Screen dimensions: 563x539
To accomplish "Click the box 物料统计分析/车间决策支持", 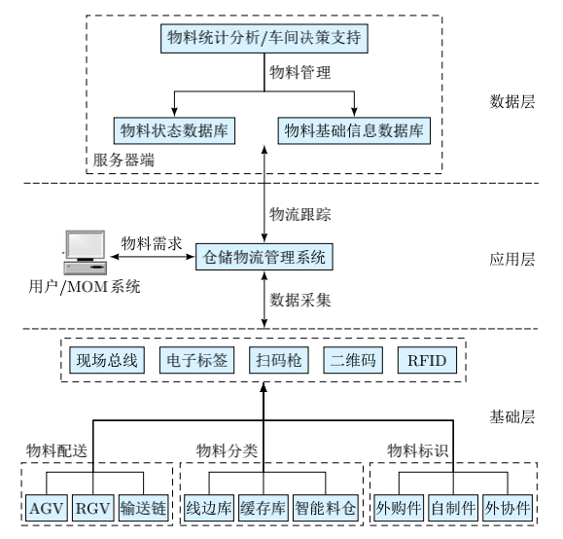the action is (264, 39).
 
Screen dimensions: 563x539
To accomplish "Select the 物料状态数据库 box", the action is (174, 130).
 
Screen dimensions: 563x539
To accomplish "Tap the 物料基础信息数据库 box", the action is (354, 130).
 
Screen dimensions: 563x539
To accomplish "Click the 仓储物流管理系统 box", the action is (264, 257).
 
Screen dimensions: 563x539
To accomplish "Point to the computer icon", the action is (86, 253).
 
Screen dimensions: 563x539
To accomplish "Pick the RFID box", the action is (427, 360).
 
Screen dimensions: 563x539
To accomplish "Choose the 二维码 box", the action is (353, 360).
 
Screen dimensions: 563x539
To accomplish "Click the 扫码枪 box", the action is (279, 360).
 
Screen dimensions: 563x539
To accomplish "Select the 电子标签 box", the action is (196, 360).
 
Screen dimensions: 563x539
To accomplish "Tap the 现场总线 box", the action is (107, 360).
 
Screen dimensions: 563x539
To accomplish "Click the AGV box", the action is (47, 508).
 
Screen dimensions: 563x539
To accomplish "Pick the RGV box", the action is (93, 508).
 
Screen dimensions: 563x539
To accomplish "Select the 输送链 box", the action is (143, 508).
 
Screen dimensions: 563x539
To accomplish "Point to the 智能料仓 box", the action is (326, 508).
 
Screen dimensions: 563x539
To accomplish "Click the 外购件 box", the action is (399, 508).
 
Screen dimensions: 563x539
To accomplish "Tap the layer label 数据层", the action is (512, 102).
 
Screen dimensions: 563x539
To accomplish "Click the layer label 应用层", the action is (512, 259).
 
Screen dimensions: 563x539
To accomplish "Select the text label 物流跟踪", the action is (300, 214).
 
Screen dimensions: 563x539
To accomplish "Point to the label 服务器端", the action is (123, 160).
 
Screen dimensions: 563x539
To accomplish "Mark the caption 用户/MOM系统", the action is (85, 287).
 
